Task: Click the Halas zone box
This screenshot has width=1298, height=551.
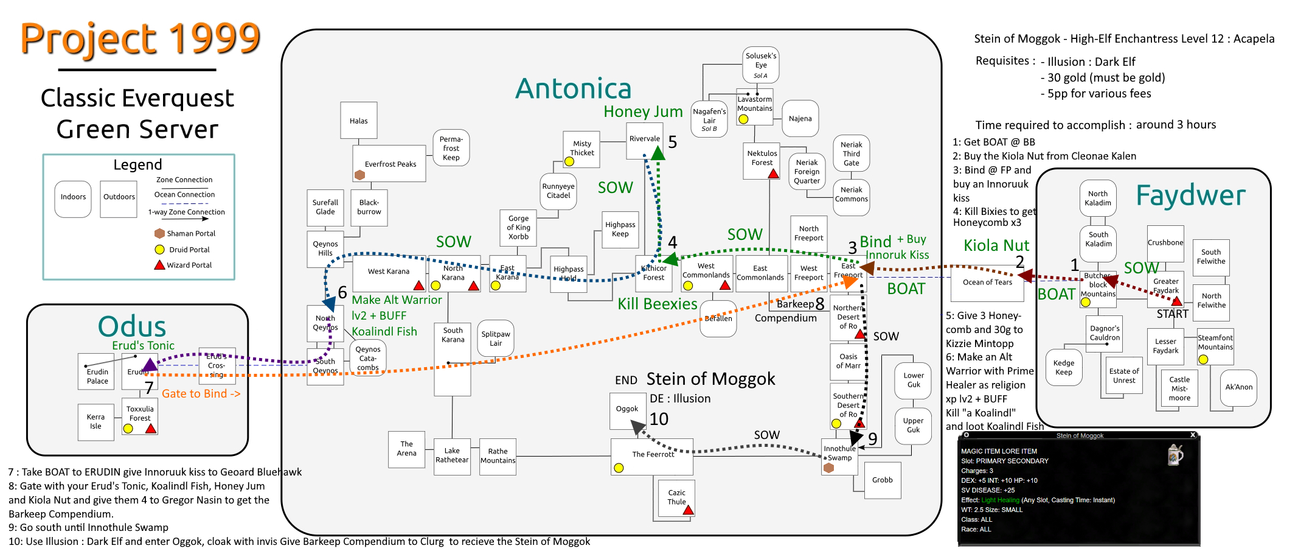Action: click(x=359, y=121)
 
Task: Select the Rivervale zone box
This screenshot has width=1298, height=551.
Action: click(x=645, y=139)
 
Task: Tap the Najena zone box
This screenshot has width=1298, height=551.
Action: click(x=800, y=119)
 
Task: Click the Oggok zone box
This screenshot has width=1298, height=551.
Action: click(x=627, y=410)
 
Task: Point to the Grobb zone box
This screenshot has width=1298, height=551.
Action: click(x=882, y=480)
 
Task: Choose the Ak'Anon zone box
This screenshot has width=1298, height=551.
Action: click(x=1238, y=387)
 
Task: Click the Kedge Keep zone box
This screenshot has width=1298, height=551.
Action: click(x=1064, y=368)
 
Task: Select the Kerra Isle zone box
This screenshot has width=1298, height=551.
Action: click(x=95, y=421)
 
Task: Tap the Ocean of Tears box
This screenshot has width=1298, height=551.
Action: click(x=987, y=283)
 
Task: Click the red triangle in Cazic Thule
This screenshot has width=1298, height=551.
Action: click(x=688, y=510)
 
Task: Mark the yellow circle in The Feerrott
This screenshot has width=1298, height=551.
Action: click(x=619, y=468)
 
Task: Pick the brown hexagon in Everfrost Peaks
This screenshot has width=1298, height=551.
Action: click(x=359, y=175)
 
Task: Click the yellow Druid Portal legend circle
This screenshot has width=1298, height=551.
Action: click(x=159, y=250)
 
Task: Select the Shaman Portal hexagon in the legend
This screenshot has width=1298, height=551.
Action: click(x=159, y=233)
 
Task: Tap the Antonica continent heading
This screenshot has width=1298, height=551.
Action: click(x=573, y=89)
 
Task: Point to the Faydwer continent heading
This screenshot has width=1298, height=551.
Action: click(x=1190, y=195)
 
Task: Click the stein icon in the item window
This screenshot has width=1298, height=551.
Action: click(x=1175, y=454)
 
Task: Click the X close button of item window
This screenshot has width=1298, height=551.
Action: click(x=1193, y=435)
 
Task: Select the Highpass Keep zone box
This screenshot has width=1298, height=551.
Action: click(x=620, y=230)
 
